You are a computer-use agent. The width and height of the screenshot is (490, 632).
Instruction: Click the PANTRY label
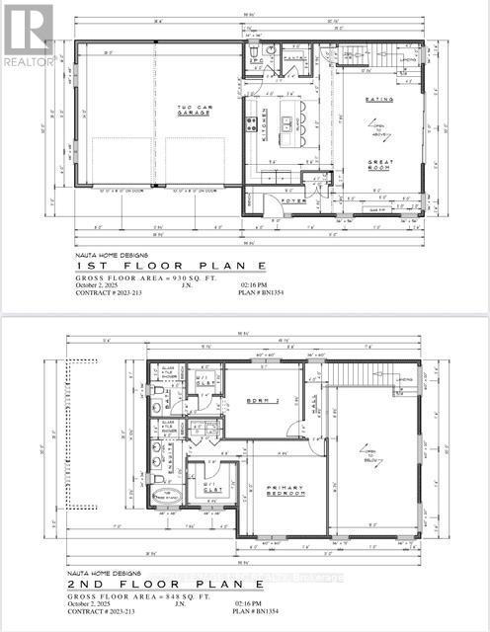click(x=293, y=58)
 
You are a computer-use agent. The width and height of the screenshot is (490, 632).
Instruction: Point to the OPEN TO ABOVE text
click(x=376, y=131)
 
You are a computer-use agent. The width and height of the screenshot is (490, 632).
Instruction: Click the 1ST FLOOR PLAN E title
click(x=139, y=268)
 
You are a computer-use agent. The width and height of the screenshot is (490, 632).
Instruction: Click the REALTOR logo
click(x=27, y=34)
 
